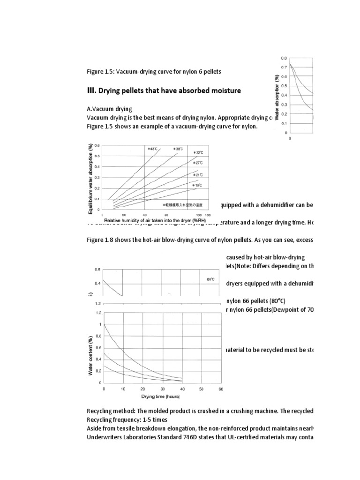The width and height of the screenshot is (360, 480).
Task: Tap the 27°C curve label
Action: click(197, 163)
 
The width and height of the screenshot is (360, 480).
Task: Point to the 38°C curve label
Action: click(178, 149)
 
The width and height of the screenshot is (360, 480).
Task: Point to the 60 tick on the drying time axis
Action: click(220, 389)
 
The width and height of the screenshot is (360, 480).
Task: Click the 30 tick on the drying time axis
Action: click(162, 389)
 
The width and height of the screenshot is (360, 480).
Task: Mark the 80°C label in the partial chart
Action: click(210, 279)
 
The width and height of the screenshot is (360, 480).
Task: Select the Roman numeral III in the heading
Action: click(92, 90)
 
